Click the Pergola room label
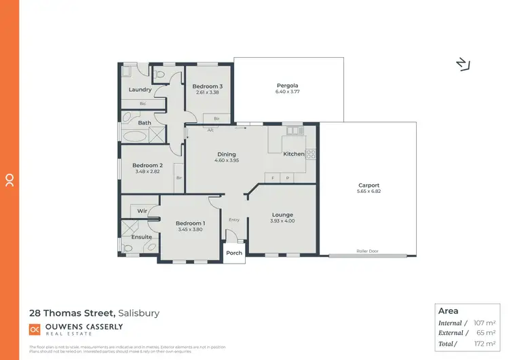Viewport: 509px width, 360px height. click(x=287, y=85)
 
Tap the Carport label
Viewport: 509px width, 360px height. click(x=369, y=185)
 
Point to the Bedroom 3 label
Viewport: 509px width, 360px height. click(x=207, y=86)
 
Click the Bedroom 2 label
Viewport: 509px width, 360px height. click(x=147, y=165)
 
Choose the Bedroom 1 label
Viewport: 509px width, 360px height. click(x=190, y=223)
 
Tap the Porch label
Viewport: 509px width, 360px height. click(x=234, y=253)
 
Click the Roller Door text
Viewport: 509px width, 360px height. click(x=367, y=251)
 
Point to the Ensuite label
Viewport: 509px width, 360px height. click(x=142, y=236)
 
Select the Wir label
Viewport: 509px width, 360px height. click(x=142, y=211)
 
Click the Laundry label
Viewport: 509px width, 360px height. click(x=140, y=90)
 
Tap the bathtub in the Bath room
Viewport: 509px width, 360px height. click(x=133, y=134)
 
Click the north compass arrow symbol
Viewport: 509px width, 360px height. click(x=464, y=64)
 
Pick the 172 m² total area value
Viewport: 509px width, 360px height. click(x=485, y=344)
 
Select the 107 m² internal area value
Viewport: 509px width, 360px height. click(x=485, y=323)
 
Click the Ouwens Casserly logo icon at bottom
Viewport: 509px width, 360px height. click(x=35, y=329)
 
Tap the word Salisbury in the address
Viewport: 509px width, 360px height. click(x=139, y=313)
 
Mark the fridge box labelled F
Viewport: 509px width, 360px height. click(x=273, y=178)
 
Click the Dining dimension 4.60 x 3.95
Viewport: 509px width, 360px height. click(x=226, y=161)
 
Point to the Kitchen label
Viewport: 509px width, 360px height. click(x=294, y=154)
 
